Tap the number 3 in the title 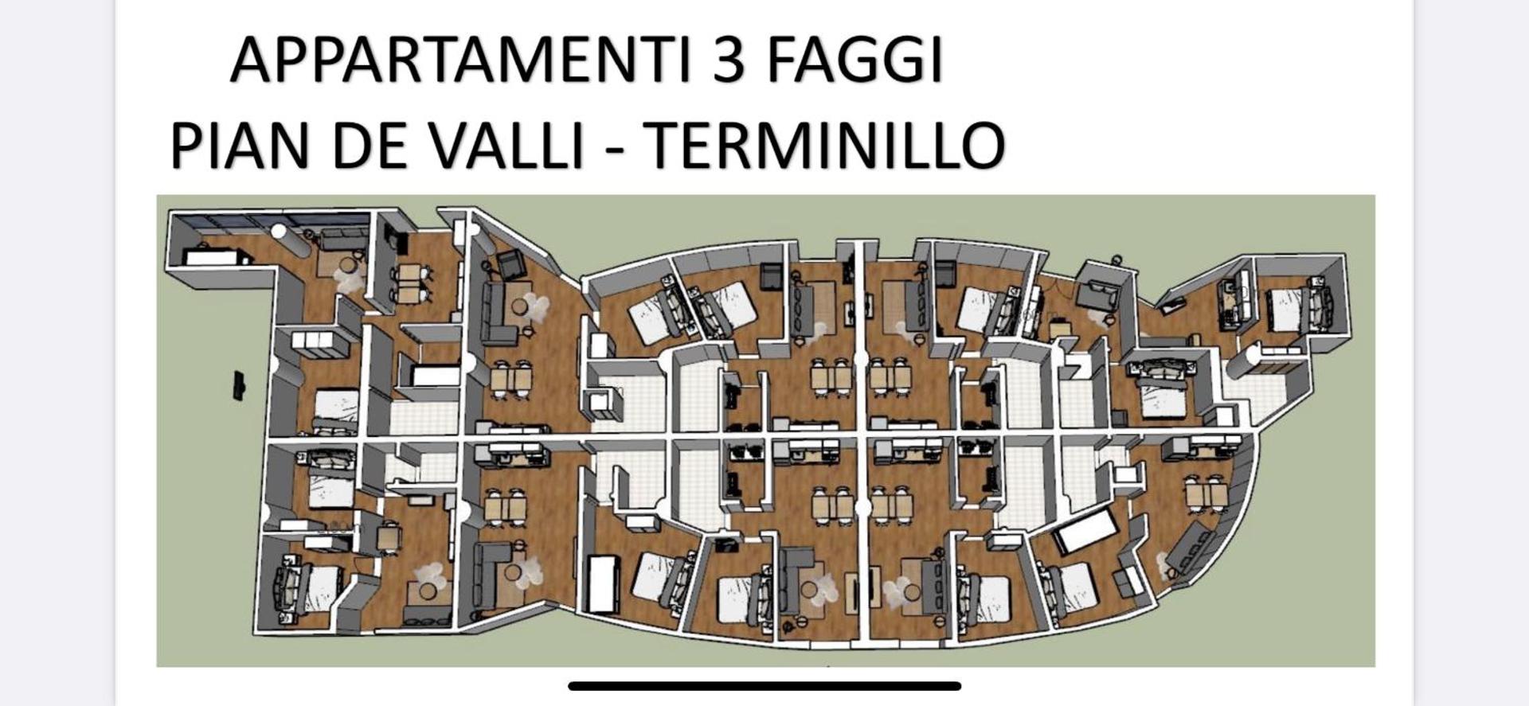click(x=728, y=60)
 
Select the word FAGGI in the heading click(x=855, y=61)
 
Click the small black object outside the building click(x=239, y=385)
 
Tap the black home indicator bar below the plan click(x=764, y=686)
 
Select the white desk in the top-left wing click(x=213, y=256)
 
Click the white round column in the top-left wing click(x=277, y=232)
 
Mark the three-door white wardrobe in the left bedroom click(x=316, y=341)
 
